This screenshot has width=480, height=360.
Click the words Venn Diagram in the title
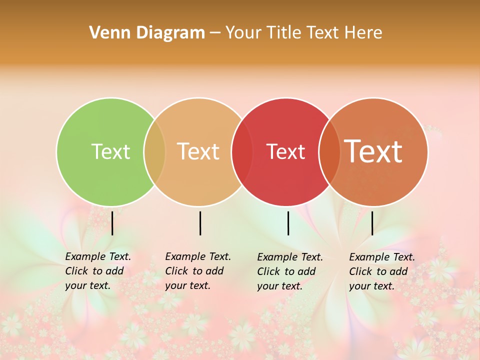tap(147, 33)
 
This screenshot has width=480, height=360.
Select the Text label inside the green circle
tap(110, 151)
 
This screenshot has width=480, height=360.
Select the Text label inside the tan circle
tap(198, 151)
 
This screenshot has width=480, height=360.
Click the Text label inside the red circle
tap(285, 151)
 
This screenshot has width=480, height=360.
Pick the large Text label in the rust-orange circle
tap(373, 151)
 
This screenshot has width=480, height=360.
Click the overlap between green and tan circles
tap(154, 151)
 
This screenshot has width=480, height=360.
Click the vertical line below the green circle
tap(112, 223)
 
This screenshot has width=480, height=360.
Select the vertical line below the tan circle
tap(200, 223)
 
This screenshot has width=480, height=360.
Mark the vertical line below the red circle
tap(288, 223)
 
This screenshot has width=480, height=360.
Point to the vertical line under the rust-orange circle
tap(372, 223)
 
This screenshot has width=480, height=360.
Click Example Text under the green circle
tap(98, 256)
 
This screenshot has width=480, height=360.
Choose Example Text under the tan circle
tap(198, 256)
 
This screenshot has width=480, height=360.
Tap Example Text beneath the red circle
tap(290, 257)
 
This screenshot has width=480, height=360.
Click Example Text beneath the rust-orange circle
tap(382, 257)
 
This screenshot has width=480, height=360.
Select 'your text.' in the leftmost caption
tap(87, 286)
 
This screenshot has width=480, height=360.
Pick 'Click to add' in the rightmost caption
tap(378, 271)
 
